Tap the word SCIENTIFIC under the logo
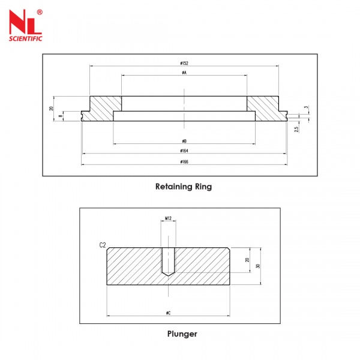click(24, 38)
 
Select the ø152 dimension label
click(184, 63)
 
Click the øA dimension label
click(184, 73)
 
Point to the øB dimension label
click(184, 141)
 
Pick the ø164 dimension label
click(184, 151)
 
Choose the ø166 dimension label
click(184, 161)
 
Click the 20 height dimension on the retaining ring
click(52, 109)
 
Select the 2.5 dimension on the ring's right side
click(296, 128)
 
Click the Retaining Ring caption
click(184, 187)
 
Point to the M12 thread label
click(168, 219)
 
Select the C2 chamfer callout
click(102, 245)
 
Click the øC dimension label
click(168, 313)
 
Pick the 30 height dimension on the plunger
click(257, 266)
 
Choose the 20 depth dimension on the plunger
click(247, 260)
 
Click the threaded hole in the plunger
click(168, 262)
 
